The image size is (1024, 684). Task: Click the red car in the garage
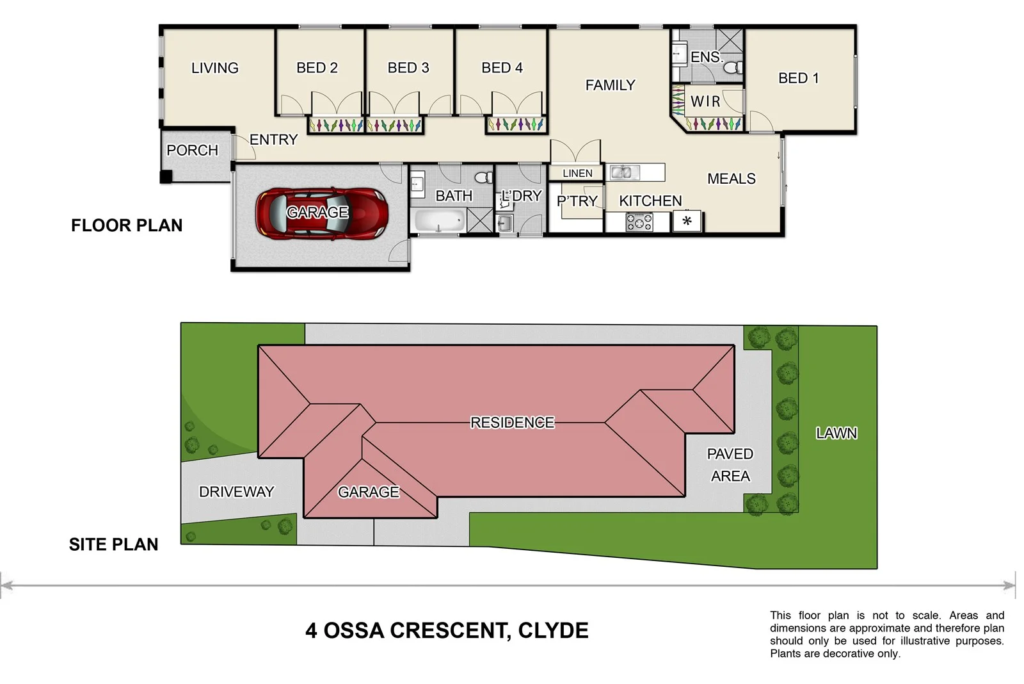[321, 213]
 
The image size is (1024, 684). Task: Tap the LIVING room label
[214, 68]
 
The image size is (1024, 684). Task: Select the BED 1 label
[798, 78]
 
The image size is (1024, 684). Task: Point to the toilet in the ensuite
[734, 67]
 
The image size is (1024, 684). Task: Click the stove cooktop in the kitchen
[639, 222]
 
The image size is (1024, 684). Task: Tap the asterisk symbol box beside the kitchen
[687, 222]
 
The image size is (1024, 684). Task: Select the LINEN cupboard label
[577, 173]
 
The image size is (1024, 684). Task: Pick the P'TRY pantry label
[577, 201]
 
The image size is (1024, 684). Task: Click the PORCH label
[192, 151]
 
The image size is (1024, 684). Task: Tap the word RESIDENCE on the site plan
[512, 423]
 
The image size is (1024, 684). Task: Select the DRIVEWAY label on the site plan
[236, 492]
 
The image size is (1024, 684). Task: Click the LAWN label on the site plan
[836, 434]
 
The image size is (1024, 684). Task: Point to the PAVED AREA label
[730, 465]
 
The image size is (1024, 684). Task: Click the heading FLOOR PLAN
[127, 225]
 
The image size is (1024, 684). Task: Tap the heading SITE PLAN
[113, 544]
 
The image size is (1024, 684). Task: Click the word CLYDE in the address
[553, 631]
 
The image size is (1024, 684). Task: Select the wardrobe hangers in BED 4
[516, 124]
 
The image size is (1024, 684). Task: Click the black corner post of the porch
[166, 177]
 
